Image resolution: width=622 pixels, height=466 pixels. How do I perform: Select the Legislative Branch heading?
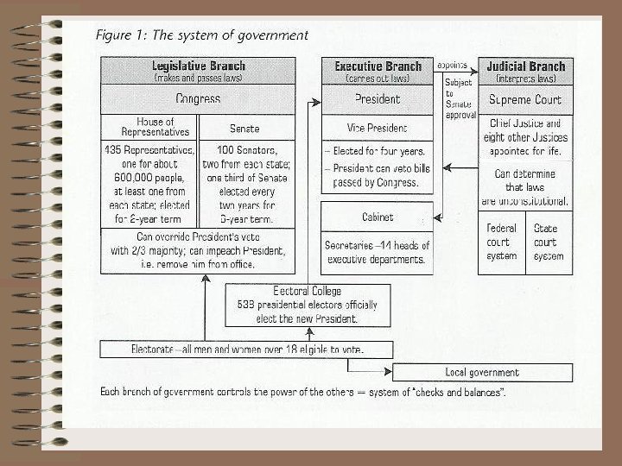point(198,66)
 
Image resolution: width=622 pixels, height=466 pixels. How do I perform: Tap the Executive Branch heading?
point(378,66)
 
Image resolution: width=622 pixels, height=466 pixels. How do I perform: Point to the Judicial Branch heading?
point(525,66)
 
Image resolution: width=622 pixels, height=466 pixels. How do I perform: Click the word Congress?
point(198,98)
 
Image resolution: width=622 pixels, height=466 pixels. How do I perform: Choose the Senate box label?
point(244,128)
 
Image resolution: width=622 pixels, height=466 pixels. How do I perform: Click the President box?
point(378,98)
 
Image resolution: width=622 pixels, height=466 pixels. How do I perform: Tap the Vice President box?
point(378,128)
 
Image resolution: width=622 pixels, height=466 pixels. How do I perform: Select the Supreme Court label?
point(525,99)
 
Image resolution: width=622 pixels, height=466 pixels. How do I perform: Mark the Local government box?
point(482,373)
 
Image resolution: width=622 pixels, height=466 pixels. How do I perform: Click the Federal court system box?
point(501,242)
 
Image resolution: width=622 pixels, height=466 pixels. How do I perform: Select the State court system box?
point(548,242)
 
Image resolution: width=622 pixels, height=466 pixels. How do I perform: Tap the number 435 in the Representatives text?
point(114,150)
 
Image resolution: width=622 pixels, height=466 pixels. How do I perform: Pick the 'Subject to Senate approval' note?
point(460,98)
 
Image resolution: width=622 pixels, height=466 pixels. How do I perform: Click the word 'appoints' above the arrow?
point(453,65)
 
